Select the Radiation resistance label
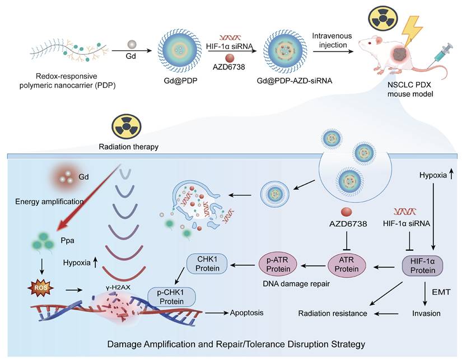click(x=333, y=314)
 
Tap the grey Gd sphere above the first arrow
click(x=132, y=43)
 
